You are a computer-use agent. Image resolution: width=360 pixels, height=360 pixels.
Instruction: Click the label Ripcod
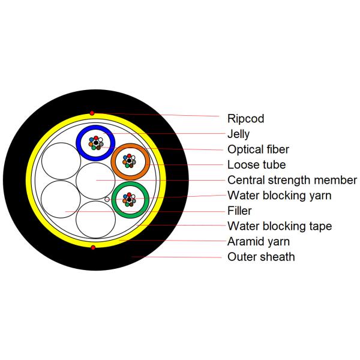point(245,119)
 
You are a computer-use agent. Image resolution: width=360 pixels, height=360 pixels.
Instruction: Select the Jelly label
point(238,134)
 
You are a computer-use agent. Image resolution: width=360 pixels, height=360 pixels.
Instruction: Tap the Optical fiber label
point(258,149)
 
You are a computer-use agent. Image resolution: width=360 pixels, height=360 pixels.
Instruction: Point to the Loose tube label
point(256,164)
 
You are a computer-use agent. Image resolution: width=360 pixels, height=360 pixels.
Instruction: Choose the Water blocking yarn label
point(279,196)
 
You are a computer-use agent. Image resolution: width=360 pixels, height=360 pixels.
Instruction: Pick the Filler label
point(239,211)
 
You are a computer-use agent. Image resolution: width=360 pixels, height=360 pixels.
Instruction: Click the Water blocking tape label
point(280,226)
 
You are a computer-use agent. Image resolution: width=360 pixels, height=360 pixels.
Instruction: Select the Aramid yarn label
point(259,242)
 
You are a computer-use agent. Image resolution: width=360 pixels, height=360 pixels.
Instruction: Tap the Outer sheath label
point(261,257)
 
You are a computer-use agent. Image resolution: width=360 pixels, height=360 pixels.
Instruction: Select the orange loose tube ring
point(116,161)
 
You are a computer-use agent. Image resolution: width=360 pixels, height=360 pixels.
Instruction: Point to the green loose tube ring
point(116,198)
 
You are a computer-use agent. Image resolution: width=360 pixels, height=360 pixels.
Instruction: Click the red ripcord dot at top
point(92,113)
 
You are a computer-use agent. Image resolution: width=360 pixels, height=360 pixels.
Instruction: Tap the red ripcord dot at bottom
point(92,247)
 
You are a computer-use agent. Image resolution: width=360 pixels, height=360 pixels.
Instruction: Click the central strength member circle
point(96,180)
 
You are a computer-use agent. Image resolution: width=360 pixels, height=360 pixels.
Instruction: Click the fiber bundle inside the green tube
point(129,197)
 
